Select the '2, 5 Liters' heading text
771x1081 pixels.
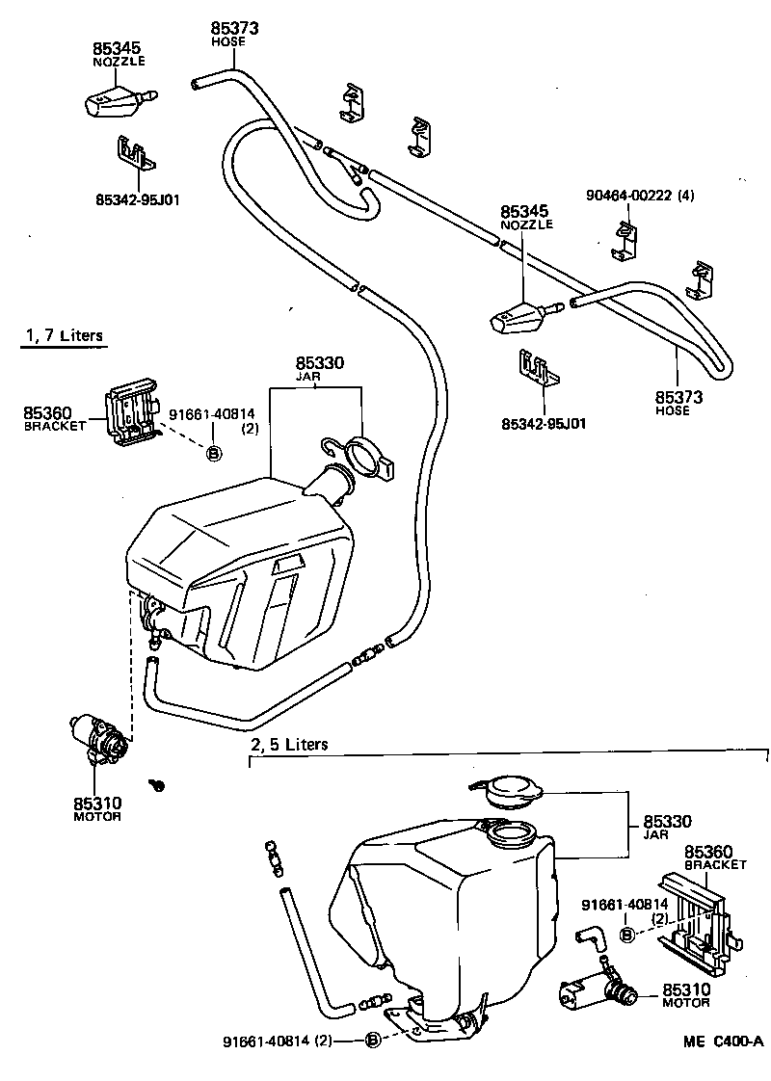(x=289, y=744)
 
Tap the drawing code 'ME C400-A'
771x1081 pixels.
(x=723, y=1041)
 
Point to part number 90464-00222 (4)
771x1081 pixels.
(x=639, y=196)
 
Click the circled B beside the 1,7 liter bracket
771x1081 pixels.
(x=214, y=452)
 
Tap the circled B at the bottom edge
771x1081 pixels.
(x=374, y=1039)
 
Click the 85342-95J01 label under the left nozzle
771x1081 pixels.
(x=138, y=199)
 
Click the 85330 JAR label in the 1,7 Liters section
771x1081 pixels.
(x=319, y=368)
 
